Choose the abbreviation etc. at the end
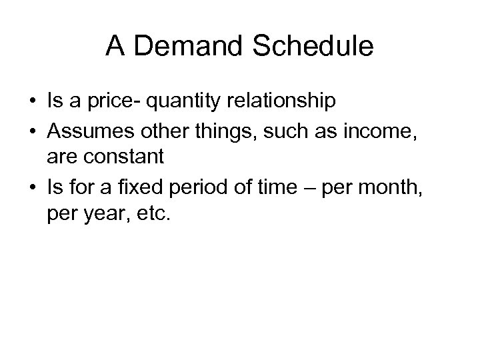click(153, 217)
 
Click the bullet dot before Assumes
click(31, 130)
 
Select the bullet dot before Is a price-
click(31, 101)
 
